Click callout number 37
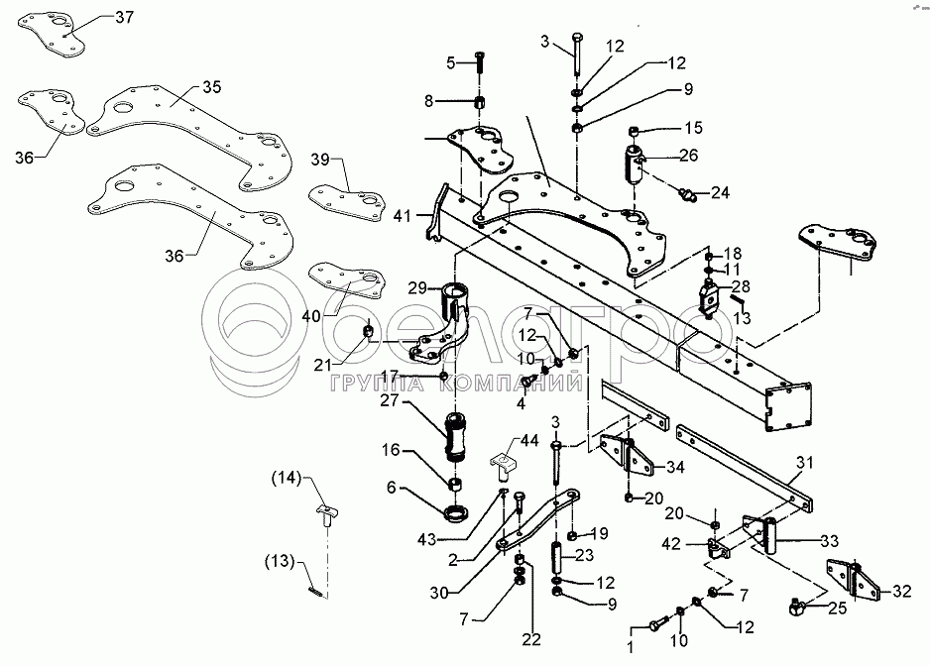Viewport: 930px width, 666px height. tap(152, 18)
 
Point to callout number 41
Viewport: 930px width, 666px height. tap(401, 215)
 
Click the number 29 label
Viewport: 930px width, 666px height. tap(417, 287)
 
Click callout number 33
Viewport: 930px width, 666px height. tap(827, 542)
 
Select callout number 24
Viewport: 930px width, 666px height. tap(718, 191)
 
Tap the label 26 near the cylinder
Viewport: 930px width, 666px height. tap(687, 155)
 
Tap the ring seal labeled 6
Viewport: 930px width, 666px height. tap(458, 514)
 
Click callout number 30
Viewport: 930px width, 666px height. tap(466, 594)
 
